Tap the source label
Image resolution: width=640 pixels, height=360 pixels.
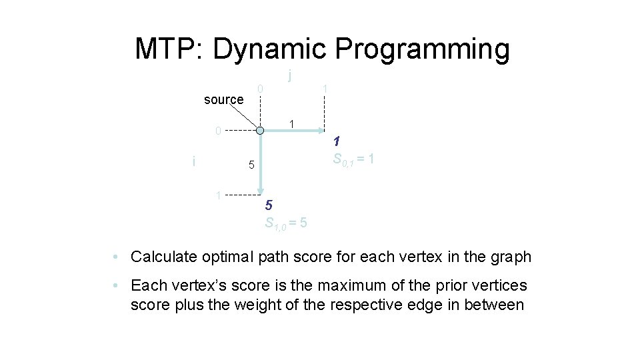(x=223, y=100)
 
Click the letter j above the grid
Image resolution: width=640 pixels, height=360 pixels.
(x=290, y=75)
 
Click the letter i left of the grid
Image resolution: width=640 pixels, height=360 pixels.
(x=193, y=161)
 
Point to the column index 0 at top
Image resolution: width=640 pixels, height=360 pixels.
(x=261, y=88)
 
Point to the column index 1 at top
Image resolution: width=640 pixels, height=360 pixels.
(x=325, y=88)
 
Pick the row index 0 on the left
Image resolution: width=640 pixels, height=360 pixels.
(x=217, y=131)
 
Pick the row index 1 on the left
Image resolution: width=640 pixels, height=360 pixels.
(x=217, y=195)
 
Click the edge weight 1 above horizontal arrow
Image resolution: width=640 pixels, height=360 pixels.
(x=291, y=124)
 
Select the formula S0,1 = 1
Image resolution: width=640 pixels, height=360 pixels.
(x=357, y=160)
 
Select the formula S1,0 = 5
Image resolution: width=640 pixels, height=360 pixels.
(x=286, y=223)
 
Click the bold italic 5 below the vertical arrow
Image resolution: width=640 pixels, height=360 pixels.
(x=268, y=205)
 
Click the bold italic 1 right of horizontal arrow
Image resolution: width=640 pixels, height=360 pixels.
(x=337, y=141)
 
